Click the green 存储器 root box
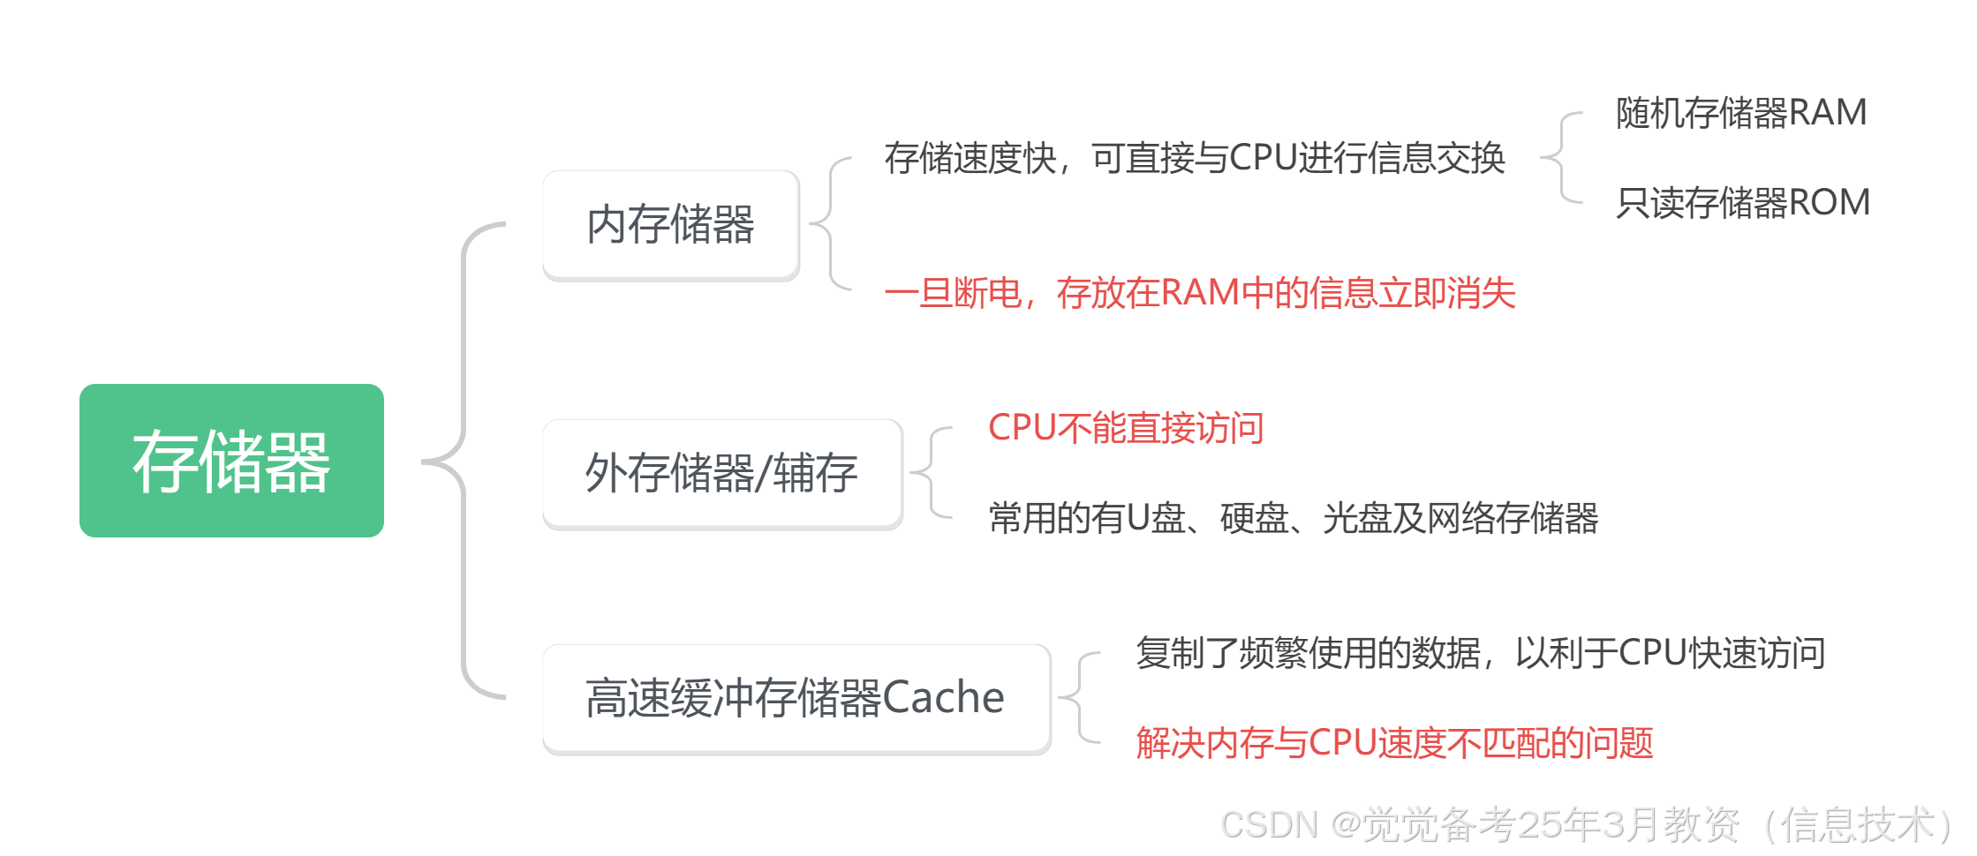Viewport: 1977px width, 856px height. (x=231, y=461)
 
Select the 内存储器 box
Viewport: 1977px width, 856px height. (x=669, y=223)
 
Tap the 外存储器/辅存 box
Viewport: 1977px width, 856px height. (x=721, y=472)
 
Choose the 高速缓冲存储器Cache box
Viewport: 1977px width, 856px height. (x=795, y=697)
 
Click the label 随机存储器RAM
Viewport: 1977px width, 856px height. (x=1741, y=112)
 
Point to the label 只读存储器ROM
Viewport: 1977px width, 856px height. (x=1743, y=202)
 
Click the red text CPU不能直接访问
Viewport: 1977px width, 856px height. (x=1126, y=428)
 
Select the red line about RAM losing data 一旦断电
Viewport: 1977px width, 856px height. (x=1200, y=293)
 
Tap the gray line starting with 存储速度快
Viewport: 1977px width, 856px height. (x=1195, y=158)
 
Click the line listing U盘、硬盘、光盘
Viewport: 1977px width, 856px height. (x=1294, y=518)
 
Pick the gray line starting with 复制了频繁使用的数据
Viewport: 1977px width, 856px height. (x=1480, y=653)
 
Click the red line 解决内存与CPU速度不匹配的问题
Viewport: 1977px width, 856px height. (x=1394, y=743)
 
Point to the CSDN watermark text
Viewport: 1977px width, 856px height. (x=1585, y=823)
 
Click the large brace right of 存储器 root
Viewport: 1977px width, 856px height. (x=463, y=461)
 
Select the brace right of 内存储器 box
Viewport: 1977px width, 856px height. (x=830, y=223)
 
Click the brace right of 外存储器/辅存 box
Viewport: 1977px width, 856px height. (x=932, y=472)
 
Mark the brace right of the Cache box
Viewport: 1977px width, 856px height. (x=1080, y=697)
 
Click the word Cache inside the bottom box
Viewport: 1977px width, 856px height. (x=943, y=697)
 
